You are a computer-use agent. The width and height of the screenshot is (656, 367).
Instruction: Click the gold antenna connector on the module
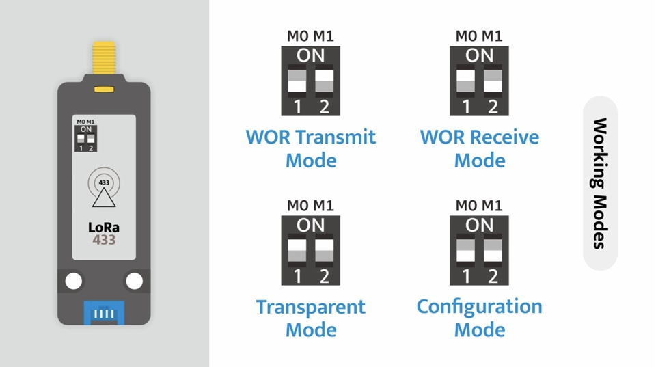click(104, 60)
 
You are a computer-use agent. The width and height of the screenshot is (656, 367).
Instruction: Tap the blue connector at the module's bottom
click(104, 314)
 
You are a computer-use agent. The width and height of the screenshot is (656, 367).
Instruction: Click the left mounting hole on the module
click(73, 281)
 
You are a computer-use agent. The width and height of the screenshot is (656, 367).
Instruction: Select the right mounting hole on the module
click(135, 281)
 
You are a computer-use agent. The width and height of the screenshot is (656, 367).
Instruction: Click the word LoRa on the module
click(104, 228)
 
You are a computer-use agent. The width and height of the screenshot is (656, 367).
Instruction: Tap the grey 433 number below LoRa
click(104, 241)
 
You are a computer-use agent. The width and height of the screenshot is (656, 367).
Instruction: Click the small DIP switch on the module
click(86, 137)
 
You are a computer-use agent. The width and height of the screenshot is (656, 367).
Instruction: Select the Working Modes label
click(599, 183)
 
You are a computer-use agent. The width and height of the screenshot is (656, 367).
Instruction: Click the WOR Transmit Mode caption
click(311, 148)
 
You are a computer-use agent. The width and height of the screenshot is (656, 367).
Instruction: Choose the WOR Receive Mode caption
click(479, 148)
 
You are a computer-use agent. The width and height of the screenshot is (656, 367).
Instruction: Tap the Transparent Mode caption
click(311, 318)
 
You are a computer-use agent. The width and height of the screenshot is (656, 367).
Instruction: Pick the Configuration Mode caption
click(479, 318)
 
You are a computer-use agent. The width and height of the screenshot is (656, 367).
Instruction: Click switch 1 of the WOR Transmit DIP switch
click(297, 81)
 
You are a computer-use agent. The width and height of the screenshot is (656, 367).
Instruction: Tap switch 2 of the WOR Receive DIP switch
click(493, 81)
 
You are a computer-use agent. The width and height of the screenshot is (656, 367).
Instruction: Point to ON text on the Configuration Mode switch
click(479, 225)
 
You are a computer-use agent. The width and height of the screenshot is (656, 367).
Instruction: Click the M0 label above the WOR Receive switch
click(466, 36)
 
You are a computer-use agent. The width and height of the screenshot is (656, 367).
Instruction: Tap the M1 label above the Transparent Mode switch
click(324, 205)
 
